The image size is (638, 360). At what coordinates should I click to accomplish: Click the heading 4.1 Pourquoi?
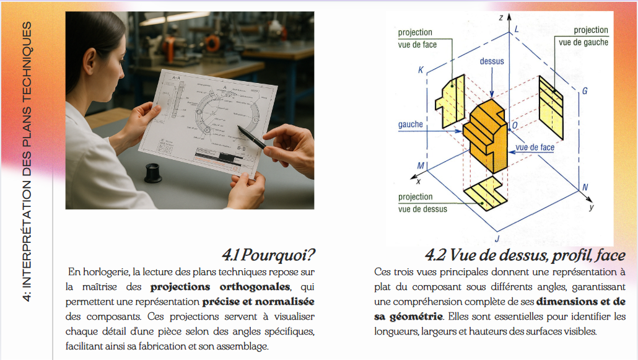pos(269,254)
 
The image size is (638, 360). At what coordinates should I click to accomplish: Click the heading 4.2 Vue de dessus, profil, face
pos(525,255)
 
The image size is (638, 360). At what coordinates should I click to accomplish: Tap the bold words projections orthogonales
pos(219,287)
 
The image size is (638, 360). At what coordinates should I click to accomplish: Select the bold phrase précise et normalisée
pos(258,302)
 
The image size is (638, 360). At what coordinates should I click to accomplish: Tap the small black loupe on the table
pos(153,173)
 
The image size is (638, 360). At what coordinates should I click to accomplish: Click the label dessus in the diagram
pos(492,61)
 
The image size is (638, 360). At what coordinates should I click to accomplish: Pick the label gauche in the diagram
pos(410,125)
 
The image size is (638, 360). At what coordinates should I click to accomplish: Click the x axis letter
pos(418,182)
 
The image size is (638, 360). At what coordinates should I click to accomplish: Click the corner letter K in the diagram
pos(421,71)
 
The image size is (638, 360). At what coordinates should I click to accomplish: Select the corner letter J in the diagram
pos(497,238)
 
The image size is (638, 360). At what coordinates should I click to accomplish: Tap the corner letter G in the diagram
pos(584,92)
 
